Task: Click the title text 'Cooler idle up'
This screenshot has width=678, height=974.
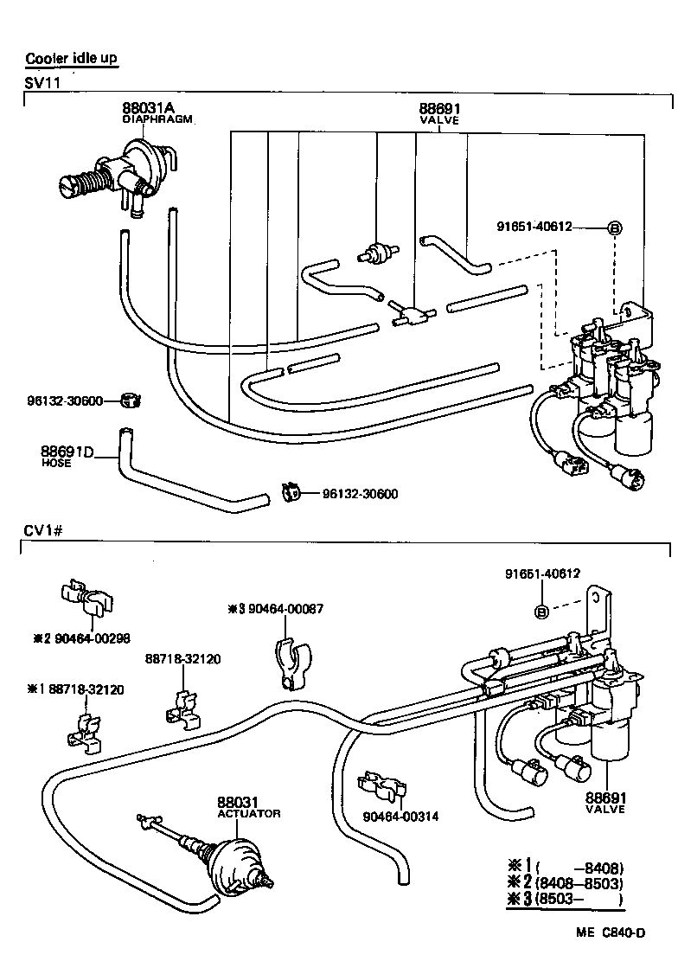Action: (71, 59)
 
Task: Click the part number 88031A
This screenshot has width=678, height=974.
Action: (148, 108)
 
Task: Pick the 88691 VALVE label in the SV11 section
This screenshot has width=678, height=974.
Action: (438, 113)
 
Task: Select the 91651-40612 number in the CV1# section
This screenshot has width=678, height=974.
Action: (542, 574)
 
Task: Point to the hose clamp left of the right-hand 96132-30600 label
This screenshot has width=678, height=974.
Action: (290, 493)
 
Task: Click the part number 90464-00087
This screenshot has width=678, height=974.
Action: (276, 609)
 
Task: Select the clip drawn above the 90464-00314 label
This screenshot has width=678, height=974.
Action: (381, 786)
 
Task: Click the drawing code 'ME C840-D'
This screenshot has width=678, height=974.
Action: (611, 931)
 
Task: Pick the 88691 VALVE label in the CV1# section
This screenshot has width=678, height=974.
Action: (604, 802)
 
